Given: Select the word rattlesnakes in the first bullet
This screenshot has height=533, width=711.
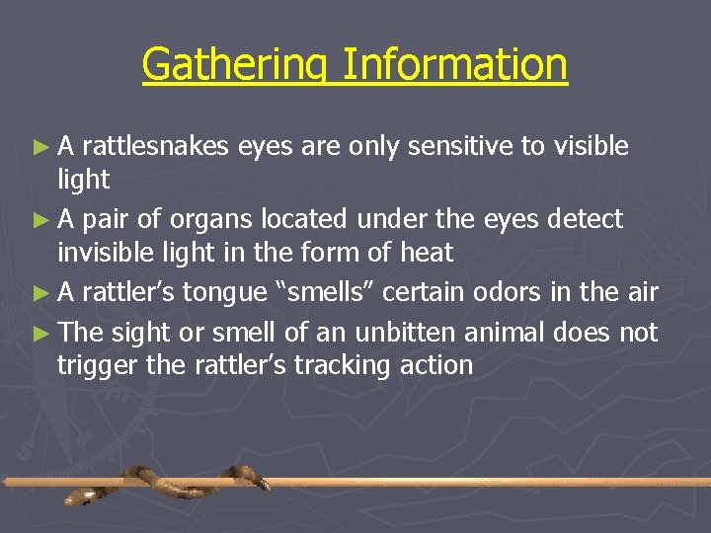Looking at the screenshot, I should [x=157, y=147].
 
